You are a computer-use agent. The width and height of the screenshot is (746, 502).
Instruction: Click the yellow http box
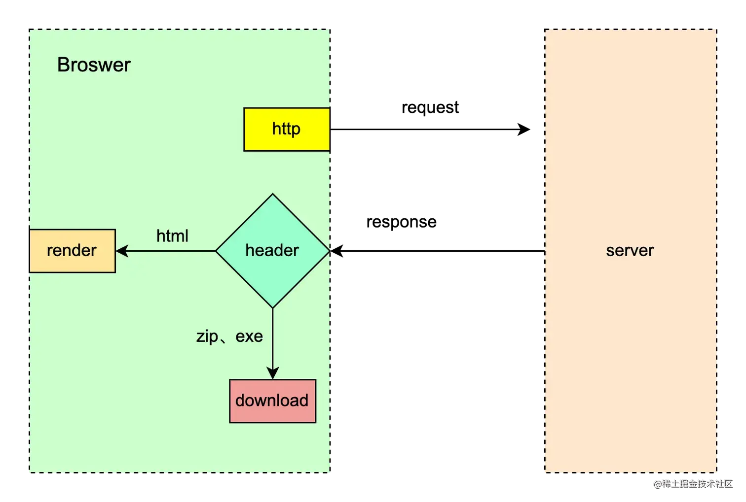[x=287, y=129]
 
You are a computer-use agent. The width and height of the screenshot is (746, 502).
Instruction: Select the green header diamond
[x=272, y=251]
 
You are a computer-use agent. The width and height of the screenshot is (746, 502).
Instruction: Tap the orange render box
[x=72, y=251]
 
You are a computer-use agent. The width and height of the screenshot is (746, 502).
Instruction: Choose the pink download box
[x=272, y=401]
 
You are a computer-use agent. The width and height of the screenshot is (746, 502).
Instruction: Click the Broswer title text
[x=94, y=65]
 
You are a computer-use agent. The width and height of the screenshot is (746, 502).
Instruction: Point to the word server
[x=630, y=251]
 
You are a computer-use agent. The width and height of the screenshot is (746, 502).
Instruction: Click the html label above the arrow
[x=172, y=236]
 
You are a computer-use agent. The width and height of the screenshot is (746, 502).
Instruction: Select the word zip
[x=207, y=336]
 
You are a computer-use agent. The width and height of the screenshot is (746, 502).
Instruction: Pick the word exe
[x=249, y=336]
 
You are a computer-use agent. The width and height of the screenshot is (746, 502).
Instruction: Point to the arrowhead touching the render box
[x=121, y=251]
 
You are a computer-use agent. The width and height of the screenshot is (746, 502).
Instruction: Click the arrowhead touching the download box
[x=273, y=373]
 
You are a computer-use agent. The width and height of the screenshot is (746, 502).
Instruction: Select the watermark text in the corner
[x=693, y=483]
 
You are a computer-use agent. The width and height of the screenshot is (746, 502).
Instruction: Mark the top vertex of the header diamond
[x=272, y=194]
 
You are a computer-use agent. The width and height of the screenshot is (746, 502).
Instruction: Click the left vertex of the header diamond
[x=216, y=251]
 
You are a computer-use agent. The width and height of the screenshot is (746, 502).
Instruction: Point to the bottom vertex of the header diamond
[x=273, y=308]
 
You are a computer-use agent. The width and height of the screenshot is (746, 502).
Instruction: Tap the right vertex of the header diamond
[x=329, y=251]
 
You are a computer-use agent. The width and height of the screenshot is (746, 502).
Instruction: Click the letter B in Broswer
[x=63, y=65]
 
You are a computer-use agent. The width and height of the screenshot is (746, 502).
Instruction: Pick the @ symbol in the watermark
[x=657, y=483]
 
